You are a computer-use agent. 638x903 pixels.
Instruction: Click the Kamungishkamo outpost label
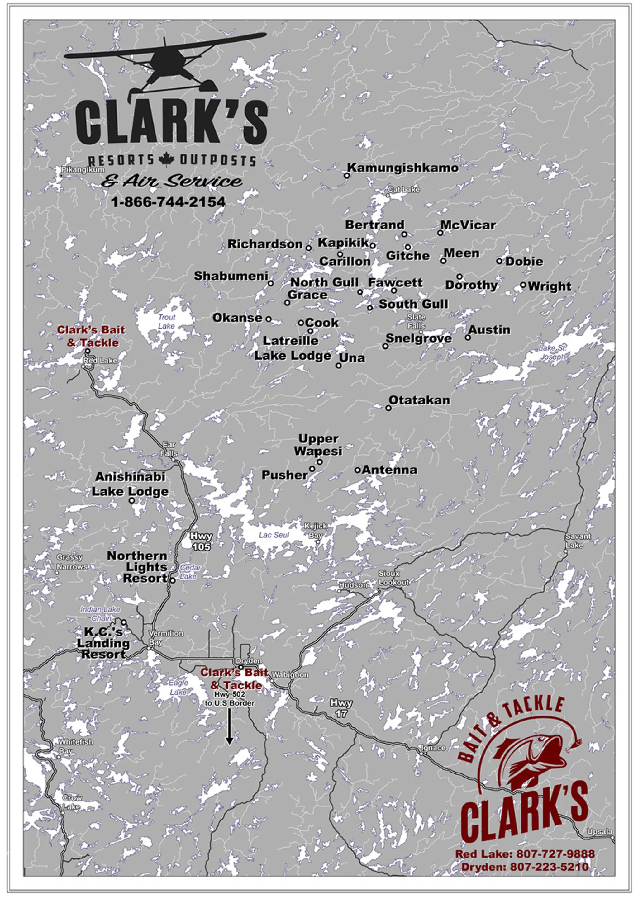(402, 168)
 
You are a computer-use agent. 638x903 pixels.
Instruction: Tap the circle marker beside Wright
(523, 285)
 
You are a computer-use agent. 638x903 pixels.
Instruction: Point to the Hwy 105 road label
(201, 541)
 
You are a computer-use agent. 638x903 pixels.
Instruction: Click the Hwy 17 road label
(341, 708)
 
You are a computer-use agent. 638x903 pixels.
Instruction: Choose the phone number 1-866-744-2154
(168, 202)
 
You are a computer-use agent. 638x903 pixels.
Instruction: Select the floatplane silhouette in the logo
(165, 63)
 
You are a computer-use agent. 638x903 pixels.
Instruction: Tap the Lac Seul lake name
(274, 535)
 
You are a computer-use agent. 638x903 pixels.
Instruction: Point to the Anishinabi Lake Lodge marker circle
(132, 501)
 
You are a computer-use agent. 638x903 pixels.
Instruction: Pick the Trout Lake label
(166, 321)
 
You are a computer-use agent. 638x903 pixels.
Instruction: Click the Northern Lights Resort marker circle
(172, 580)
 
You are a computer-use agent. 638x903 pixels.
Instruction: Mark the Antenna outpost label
(389, 470)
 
